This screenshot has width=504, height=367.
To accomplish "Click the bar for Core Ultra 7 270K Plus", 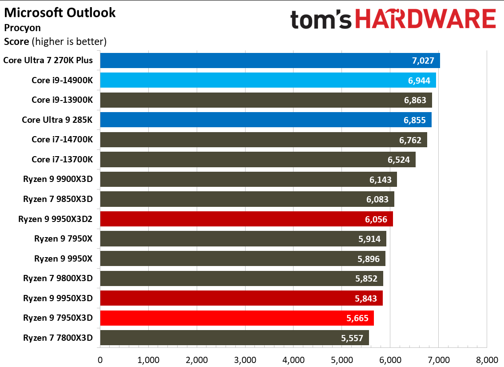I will pyautogui.click(x=270, y=60).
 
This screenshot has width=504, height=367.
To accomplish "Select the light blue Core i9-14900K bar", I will pyautogui.click(x=268, y=80).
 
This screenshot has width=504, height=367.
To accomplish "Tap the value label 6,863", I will pyautogui.click(x=417, y=100).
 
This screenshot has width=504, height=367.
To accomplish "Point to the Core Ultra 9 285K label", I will pyautogui.click(x=57, y=120).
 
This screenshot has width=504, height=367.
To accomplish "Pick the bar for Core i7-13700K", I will pyautogui.click(x=258, y=159).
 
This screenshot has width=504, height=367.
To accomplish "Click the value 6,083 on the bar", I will pyautogui.click(x=378, y=199).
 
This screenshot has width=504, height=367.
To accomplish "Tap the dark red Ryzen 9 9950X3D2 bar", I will pyautogui.click(x=246, y=219).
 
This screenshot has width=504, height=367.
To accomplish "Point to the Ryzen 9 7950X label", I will pyautogui.click(x=63, y=239).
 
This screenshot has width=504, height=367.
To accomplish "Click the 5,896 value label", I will pyautogui.click(x=369, y=258).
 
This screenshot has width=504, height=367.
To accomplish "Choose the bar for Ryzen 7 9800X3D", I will pyautogui.click(x=241, y=278).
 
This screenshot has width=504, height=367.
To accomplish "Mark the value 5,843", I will pyautogui.click(x=366, y=298).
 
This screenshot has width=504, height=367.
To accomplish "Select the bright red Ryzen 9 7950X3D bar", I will pyautogui.click(x=237, y=318).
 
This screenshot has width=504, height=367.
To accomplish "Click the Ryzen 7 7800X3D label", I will pyautogui.click(x=58, y=338).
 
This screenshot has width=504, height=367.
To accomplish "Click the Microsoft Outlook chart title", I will pyautogui.click(x=60, y=12).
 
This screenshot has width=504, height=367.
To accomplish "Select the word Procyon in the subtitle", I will pyautogui.click(x=22, y=28).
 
